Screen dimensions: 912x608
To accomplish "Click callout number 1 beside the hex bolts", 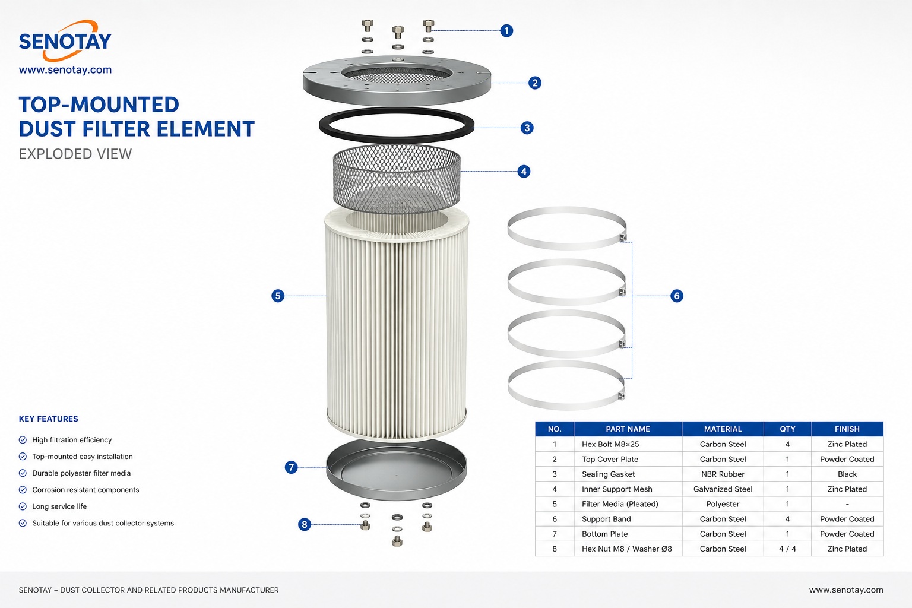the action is click(506, 30).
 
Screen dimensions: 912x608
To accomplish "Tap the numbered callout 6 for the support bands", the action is click(677, 296).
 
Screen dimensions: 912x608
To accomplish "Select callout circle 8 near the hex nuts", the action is click(304, 524).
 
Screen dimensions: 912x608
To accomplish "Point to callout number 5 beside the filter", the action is click(278, 296).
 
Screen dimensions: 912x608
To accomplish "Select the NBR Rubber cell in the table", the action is click(723, 474).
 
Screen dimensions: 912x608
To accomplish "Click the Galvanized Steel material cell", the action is click(723, 489).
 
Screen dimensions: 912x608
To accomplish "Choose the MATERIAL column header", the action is click(723, 429).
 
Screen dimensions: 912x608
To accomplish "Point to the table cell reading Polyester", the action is click(723, 504).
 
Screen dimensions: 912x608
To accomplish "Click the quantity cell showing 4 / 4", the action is click(787, 549).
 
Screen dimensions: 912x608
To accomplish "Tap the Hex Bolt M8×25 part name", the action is click(610, 444).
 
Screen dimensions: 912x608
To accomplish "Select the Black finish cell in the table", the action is click(847, 474).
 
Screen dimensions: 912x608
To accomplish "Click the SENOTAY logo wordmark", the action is click(65, 41).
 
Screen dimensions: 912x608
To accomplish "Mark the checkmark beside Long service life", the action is click(23, 506).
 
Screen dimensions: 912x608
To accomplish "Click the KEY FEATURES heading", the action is click(49, 419).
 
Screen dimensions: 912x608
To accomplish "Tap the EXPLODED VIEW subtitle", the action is click(75, 154).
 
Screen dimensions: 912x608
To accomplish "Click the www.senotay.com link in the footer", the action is click(846, 590).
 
